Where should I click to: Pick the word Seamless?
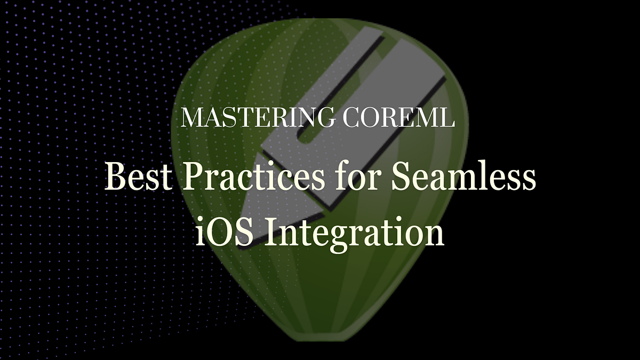(x=463, y=177)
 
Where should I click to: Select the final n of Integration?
(x=435, y=235)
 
